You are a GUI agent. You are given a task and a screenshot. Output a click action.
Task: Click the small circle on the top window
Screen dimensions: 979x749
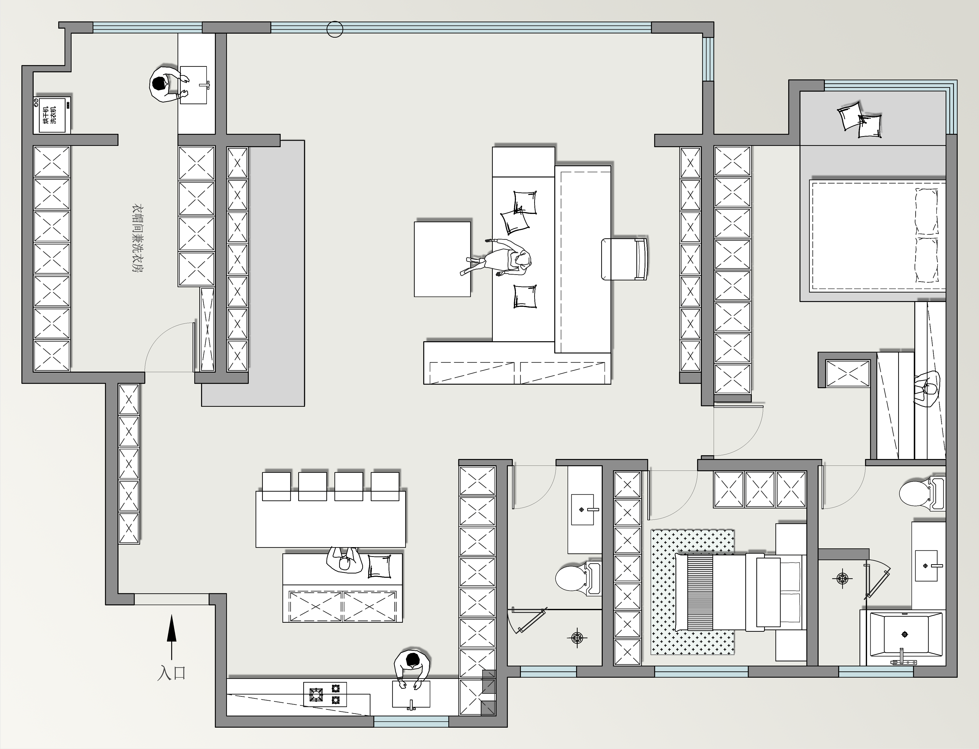pos(335,29)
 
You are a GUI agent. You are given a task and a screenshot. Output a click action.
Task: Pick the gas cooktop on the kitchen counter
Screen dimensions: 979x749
pos(325,694)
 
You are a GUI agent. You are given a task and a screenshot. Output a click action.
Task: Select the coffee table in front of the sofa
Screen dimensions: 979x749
pos(442,259)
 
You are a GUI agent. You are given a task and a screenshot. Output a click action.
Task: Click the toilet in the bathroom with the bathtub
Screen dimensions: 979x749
pos(922,494)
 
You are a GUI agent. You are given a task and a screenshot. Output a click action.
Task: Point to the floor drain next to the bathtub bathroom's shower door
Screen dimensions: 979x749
pos(842,579)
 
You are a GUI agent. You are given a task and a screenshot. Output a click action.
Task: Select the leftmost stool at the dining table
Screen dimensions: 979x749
pos(276,486)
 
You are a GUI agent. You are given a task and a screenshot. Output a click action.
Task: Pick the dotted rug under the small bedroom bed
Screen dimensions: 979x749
pos(693,592)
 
